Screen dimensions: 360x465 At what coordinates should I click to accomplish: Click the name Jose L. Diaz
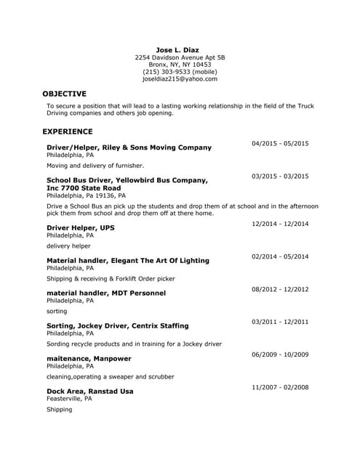[177, 49]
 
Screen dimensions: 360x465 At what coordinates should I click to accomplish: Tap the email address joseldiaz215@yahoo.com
[180, 79]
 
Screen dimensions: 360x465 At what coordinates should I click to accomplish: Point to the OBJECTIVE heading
[64, 94]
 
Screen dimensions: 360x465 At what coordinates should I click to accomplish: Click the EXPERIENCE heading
[68, 132]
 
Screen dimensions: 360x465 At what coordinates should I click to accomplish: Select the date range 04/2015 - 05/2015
[280, 143]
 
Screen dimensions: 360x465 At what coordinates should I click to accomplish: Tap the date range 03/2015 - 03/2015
[280, 176]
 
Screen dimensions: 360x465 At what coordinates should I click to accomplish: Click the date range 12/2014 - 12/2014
[280, 224]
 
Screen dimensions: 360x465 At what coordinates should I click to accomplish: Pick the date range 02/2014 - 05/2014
[280, 256]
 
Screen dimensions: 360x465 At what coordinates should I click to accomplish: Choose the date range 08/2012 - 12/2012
[280, 289]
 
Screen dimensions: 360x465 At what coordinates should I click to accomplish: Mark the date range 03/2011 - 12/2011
[280, 321]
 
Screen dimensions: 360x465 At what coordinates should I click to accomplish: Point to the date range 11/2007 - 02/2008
[280, 387]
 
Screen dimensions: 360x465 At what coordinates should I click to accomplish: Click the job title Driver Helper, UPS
[81, 227]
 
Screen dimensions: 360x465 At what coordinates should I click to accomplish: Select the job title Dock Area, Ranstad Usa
[89, 391]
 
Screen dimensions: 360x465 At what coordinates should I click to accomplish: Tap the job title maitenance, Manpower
[89, 358]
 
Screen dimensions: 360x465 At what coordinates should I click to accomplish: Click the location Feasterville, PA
[69, 399]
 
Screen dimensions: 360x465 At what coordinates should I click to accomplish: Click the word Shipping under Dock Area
[60, 410]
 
